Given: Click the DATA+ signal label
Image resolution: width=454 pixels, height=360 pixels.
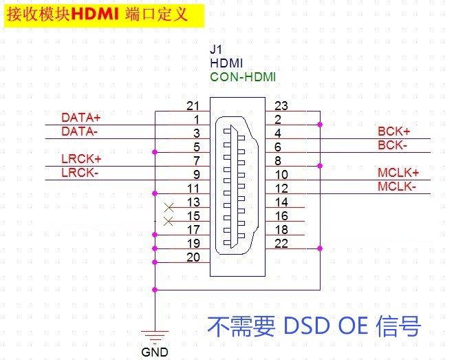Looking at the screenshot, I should (x=80, y=117).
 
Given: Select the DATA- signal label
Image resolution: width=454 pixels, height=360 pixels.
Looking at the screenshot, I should (x=79, y=130).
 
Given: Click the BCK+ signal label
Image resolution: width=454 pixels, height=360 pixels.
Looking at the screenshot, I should (x=393, y=131).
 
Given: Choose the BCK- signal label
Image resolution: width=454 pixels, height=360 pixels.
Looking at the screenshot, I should (x=392, y=145).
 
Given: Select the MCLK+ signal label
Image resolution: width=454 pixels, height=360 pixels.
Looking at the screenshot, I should (x=398, y=173).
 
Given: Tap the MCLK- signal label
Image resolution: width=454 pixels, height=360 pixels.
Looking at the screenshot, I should (x=397, y=187).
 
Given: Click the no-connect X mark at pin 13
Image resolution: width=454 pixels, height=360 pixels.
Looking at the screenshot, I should (x=169, y=207).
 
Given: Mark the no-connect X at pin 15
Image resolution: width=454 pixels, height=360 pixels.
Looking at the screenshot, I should (x=169, y=221).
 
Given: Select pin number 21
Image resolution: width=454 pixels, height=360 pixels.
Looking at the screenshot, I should (x=193, y=106).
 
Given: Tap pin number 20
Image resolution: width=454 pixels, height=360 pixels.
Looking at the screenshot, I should (x=193, y=257).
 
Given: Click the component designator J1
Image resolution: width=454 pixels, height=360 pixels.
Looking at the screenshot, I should (x=216, y=50).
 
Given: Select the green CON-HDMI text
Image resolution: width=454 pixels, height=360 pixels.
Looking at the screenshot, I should (x=243, y=76).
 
